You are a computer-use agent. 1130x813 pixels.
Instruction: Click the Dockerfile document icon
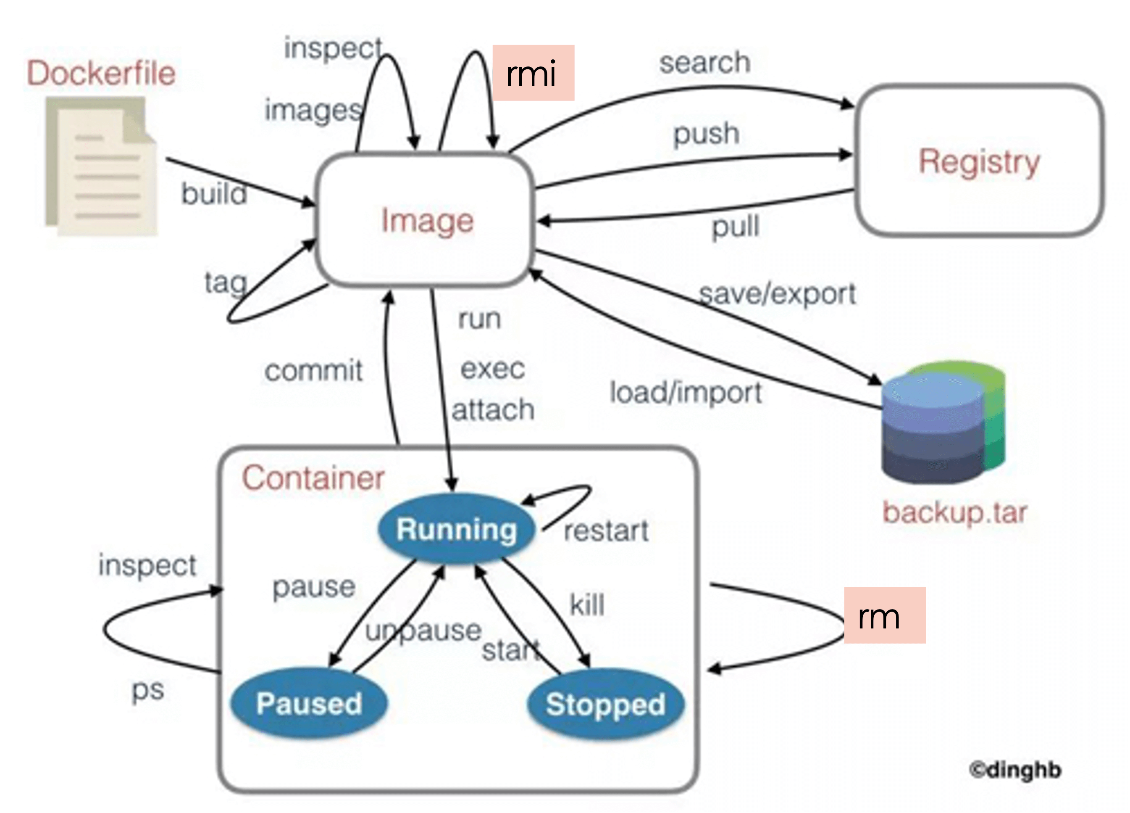pyautogui.click(x=101, y=166)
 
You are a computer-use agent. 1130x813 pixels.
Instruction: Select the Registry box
pyautogui.click(x=980, y=161)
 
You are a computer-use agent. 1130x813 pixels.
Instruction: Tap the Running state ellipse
pyautogui.click(x=456, y=529)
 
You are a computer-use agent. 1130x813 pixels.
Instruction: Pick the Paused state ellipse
pyautogui.click(x=309, y=703)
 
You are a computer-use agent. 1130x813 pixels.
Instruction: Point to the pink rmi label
pyautogui.click(x=533, y=73)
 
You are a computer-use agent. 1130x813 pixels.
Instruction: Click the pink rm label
pyautogui.click(x=884, y=615)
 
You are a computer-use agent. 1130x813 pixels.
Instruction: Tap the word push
pyautogui.click(x=706, y=134)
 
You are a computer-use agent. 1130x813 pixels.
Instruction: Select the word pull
pyautogui.click(x=736, y=227)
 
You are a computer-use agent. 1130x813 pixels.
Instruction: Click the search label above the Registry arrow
pyautogui.click(x=704, y=62)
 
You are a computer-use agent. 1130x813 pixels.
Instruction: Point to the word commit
pyautogui.click(x=313, y=370)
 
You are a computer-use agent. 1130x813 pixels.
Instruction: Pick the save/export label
pyautogui.click(x=777, y=293)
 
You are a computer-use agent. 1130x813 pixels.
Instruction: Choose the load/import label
pyautogui.click(x=686, y=392)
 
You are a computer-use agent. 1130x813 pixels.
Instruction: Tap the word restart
pyautogui.click(x=606, y=531)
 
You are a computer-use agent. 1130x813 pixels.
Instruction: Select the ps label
pyautogui.click(x=147, y=690)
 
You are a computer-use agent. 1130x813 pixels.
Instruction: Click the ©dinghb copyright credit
pyautogui.click(x=1015, y=770)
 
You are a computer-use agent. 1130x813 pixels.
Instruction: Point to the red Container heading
pyautogui.click(x=313, y=478)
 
